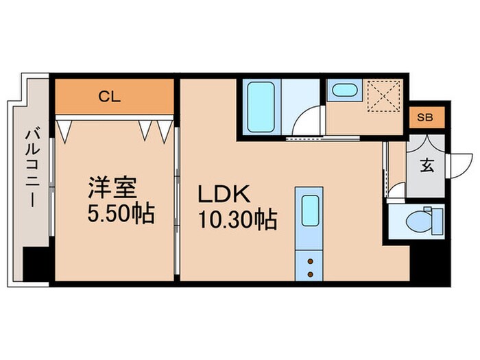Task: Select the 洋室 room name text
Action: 112,189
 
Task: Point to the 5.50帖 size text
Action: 120,213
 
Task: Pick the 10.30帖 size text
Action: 237,220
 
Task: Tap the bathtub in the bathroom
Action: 260,107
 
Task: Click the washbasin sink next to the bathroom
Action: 341,91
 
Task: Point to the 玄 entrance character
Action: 426,165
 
